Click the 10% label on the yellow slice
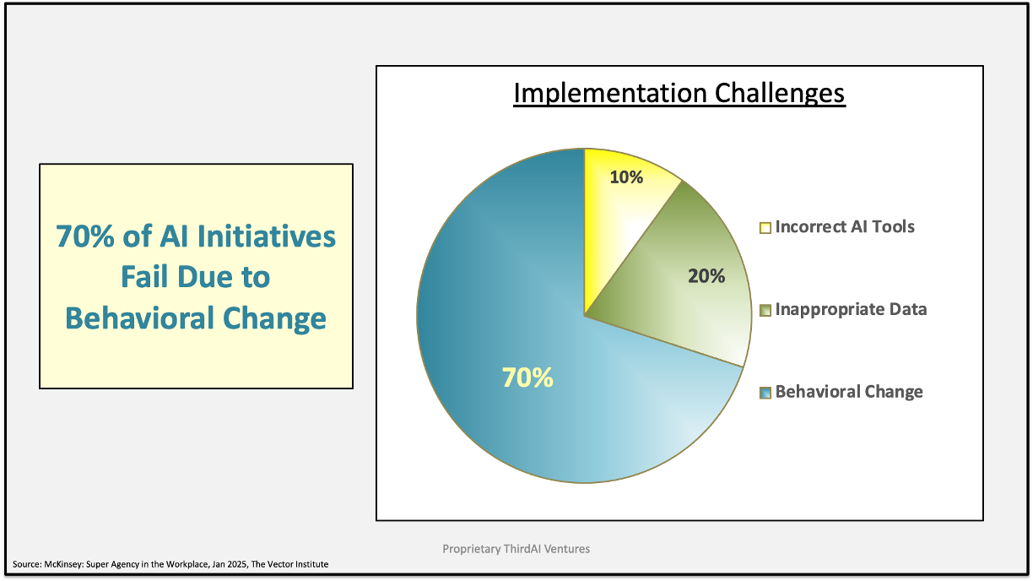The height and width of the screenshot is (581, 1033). click(x=626, y=177)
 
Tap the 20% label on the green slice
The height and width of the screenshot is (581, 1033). click(x=706, y=276)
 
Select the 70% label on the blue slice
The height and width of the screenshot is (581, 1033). click(x=527, y=377)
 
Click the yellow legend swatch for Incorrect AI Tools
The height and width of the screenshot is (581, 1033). click(x=765, y=228)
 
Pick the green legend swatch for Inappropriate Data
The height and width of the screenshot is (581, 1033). click(x=765, y=311)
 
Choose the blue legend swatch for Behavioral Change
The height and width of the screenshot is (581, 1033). click(x=765, y=394)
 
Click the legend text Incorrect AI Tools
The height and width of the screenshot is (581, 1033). click(x=845, y=226)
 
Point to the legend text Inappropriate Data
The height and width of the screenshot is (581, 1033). click(x=851, y=309)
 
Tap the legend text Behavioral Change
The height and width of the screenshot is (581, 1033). click(x=849, y=392)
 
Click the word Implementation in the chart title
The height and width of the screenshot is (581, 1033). click(x=610, y=94)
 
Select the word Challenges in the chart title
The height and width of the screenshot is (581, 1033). click(x=780, y=94)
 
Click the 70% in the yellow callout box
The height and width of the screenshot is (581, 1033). click(x=85, y=236)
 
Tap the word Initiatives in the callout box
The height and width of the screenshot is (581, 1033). click(x=267, y=236)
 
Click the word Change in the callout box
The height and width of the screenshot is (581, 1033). click(x=274, y=319)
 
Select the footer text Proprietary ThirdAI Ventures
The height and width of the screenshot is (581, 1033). click(x=516, y=549)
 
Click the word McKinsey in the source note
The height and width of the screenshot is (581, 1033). click(x=63, y=564)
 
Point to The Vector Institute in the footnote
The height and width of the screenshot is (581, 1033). click(x=289, y=564)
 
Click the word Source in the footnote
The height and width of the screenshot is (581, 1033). click(x=27, y=564)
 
